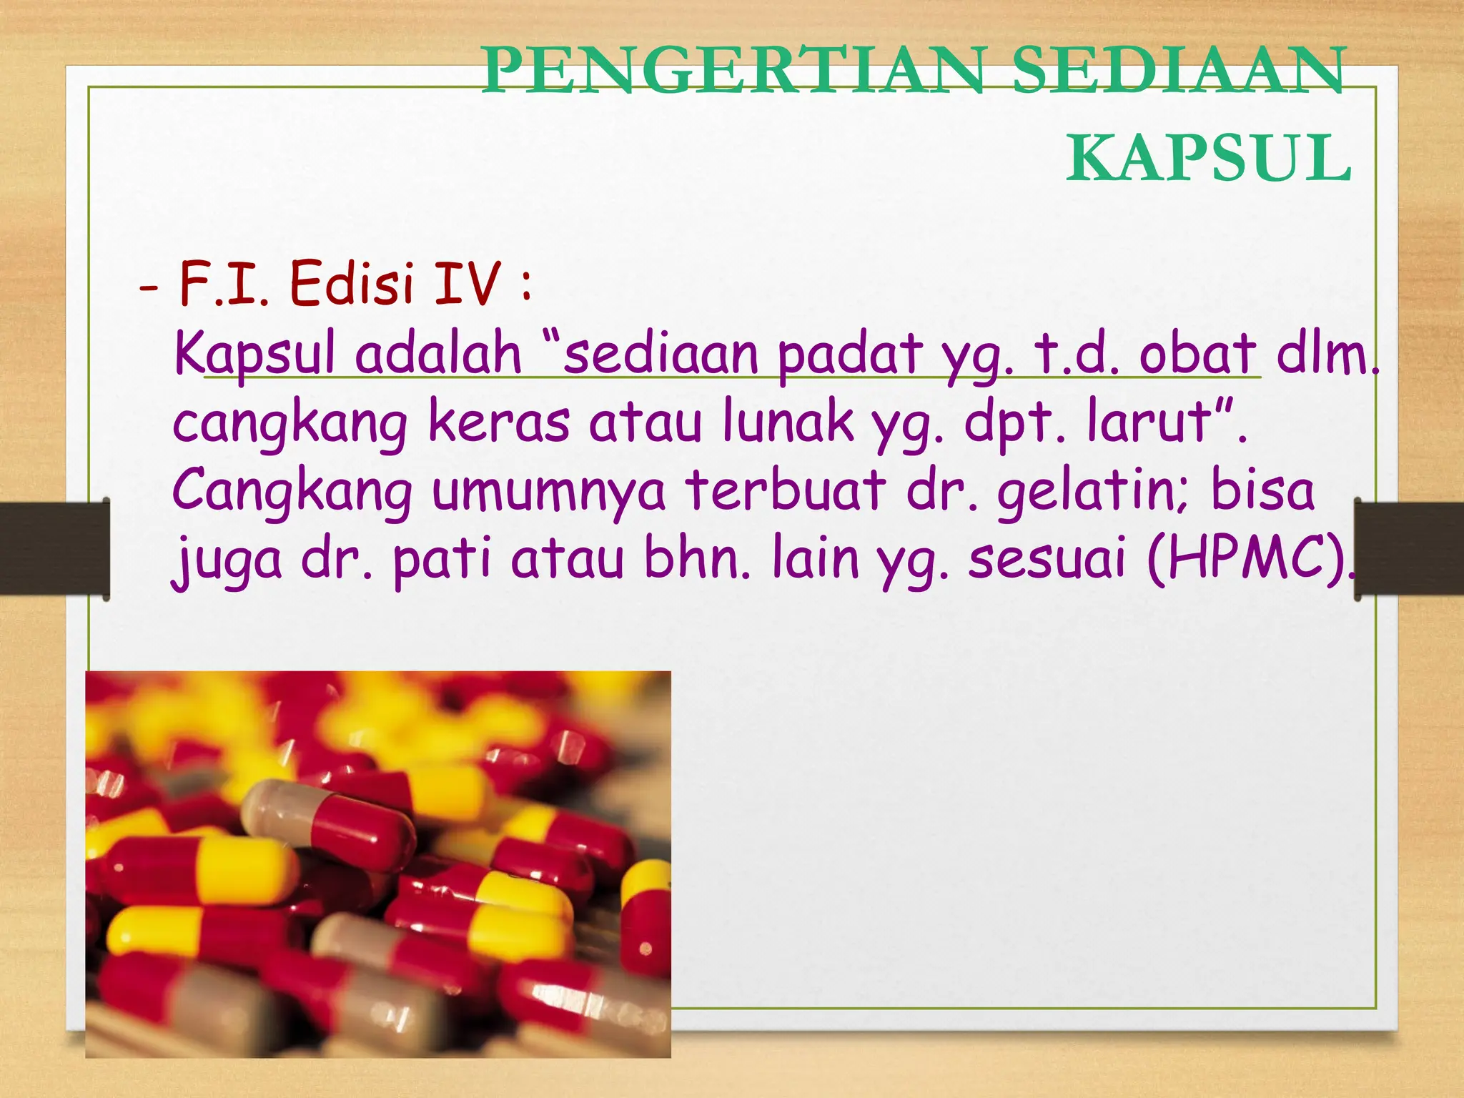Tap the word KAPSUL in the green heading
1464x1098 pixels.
click(1208, 159)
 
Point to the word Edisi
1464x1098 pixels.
click(352, 284)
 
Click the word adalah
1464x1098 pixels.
click(438, 353)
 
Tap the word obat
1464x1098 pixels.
click(1197, 353)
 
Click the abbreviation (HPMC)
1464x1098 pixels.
click(1251, 559)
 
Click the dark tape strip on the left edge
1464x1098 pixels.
click(54, 548)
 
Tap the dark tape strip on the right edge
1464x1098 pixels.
click(1410, 548)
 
